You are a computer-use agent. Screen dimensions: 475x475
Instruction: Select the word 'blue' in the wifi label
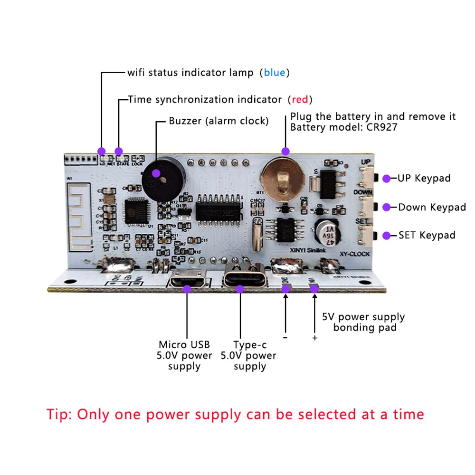pos(275,73)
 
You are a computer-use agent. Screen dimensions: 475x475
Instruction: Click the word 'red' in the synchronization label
pos(300,99)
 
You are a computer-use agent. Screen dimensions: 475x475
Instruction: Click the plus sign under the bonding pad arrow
pos(314,338)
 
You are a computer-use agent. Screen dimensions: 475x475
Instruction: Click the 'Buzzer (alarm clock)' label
pos(218,121)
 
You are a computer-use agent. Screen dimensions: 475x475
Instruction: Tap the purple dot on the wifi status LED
pos(101,151)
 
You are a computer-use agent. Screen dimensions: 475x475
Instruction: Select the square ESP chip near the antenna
pos(133,209)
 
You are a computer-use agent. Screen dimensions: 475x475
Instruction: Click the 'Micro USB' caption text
pos(184,344)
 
